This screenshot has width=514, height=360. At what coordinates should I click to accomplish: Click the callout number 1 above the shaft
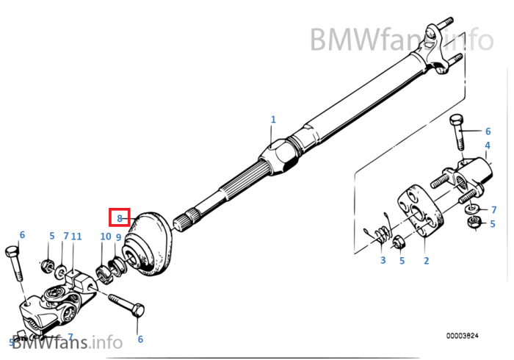pyautogui.click(x=273, y=119)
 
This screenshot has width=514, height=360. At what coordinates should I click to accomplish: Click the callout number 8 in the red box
pyautogui.click(x=119, y=217)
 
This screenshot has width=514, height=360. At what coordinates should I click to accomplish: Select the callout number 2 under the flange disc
pyautogui.click(x=426, y=260)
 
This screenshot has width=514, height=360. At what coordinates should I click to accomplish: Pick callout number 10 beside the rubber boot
pyautogui.click(x=106, y=237)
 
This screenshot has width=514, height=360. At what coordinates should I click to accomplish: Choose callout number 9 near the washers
pyautogui.click(x=118, y=237)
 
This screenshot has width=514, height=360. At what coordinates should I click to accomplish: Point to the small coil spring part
pyautogui.click(x=380, y=235)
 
